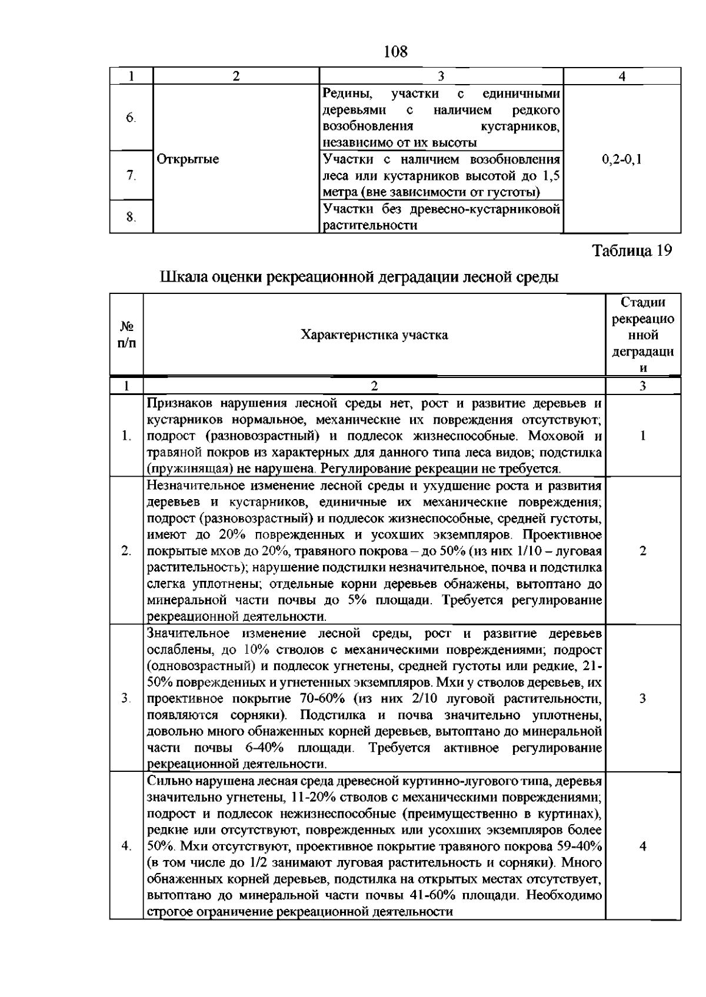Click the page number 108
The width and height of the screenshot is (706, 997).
(x=395, y=52)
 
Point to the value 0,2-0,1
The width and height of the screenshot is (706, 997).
(x=622, y=159)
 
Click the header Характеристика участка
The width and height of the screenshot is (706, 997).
(x=374, y=335)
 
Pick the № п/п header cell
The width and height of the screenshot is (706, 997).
(x=127, y=334)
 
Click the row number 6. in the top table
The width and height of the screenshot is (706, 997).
(x=131, y=118)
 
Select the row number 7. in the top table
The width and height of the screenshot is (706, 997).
(x=131, y=175)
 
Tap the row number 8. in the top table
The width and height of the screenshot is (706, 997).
(x=131, y=217)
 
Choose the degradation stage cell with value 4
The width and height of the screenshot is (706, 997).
(x=642, y=847)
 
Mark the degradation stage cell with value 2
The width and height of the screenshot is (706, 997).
(x=642, y=551)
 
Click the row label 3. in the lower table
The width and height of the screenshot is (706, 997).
(x=126, y=698)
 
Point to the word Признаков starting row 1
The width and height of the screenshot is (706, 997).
(x=179, y=404)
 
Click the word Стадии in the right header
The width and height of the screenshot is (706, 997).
(x=643, y=302)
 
